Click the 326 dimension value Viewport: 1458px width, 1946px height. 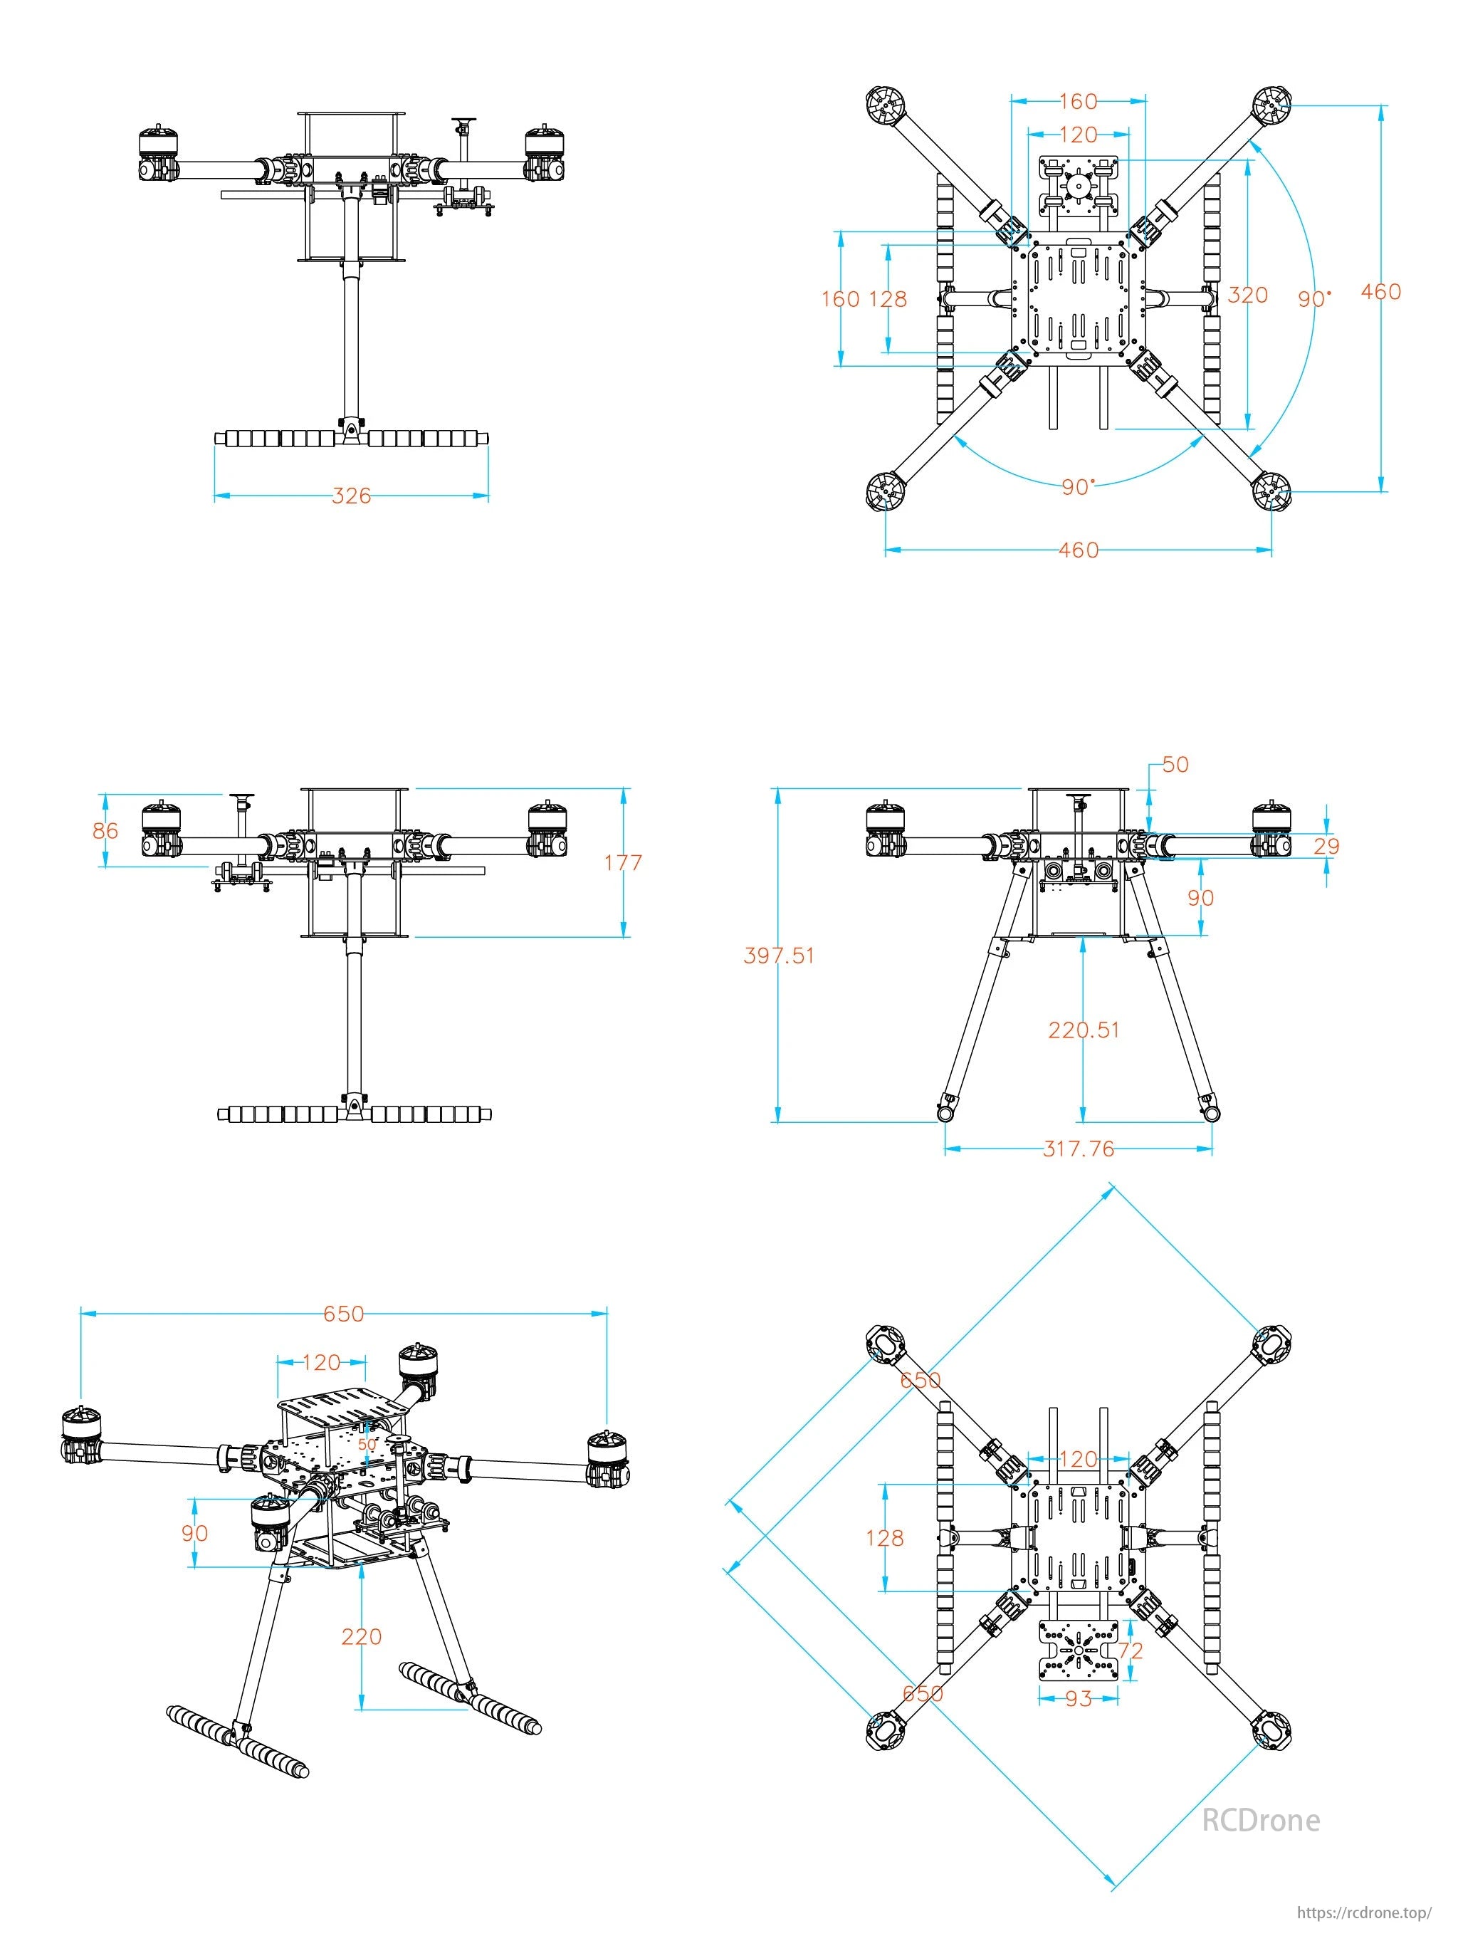pyautogui.click(x=351, y=496)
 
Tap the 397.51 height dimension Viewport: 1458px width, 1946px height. pyautogui.click(x=778, y=956)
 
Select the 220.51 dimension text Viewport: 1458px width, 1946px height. pyautogui.click(x=1084, y=1030)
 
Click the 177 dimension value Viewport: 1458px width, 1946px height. pyautogui.click(x=623, y=863)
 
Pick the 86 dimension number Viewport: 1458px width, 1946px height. pyautogui.click(x=105, y=830)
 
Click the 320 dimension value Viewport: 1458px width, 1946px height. pyautogui.click(x=1247, y=295)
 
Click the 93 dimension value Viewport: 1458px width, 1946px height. pyautogui.click(x=1078, y=1699)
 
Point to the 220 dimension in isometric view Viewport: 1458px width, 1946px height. pyautogui.click(x=362, y=1636)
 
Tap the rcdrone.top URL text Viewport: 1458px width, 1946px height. pyautogui.click(x=1365, y=1913)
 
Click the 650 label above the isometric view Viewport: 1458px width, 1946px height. pyautogui.click(x=343, y=1314)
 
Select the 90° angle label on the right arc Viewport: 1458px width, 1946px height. pyautogui.click(x=1313, y=299)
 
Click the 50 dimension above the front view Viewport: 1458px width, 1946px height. pyautogui.click(x=1175, y=765)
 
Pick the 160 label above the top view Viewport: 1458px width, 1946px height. pyautogui.click(x=1078, y=101)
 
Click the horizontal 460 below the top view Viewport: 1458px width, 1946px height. pyautogui.click(x=1078, y=550)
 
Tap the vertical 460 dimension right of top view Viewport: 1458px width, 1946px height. pyautogui.click(x=1380, y=291)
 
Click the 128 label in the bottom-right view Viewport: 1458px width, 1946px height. pyautogui.click(x=885, y=1538)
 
